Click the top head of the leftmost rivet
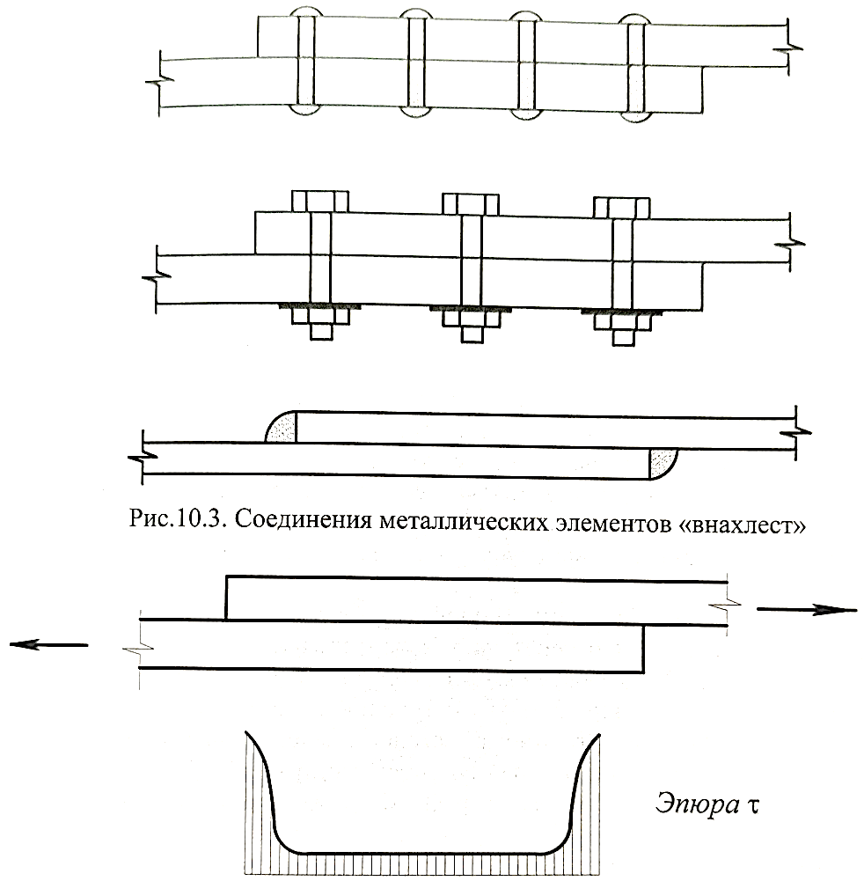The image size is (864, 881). click(305, 11)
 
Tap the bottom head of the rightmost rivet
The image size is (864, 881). click(635, 115)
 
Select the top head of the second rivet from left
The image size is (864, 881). click(415, 14)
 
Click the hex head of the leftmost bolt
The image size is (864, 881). click(320, 202)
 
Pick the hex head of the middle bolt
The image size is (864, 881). click(471, 203)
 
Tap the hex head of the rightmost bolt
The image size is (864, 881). click(622, 207)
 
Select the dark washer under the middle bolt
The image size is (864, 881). click(471, 308)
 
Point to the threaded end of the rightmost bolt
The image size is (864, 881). click(622, 338)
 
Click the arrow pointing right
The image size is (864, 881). click(807, 609)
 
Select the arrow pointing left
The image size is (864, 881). click(49, 645)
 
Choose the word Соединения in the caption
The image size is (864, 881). click(304, 520)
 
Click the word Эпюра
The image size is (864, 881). click(697, 804)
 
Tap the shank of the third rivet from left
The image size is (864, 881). click(526, 64)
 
